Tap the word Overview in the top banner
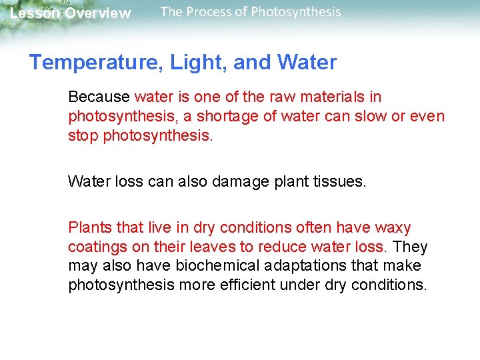coord(98,13)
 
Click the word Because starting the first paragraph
coord(99,97)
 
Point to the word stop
coord(83,136)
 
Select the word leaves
coord(210,247)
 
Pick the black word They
coord(411,247)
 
